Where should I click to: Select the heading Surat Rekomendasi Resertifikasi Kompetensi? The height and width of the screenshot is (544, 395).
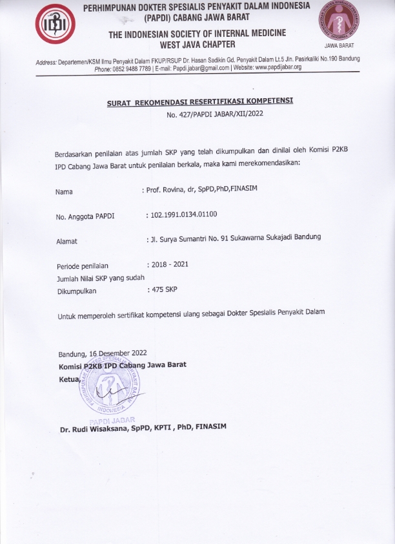click(x=199, y=101)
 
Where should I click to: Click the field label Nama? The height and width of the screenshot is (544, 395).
click(x=64, y=192)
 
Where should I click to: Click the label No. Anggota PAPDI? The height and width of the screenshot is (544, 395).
click(x=85, y=216)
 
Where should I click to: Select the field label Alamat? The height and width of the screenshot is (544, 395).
click(x=67, y=242)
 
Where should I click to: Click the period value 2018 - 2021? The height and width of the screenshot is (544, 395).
click(x=169, y=264)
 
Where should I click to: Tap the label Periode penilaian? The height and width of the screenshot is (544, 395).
click(x=83, y=266)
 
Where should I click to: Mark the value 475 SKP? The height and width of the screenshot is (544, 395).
click(x=163, y=289)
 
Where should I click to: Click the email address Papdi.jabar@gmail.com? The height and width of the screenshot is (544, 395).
click(x=212, y=68)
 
